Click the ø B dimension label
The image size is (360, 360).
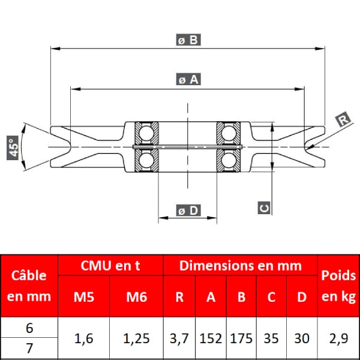[x=188, y=40]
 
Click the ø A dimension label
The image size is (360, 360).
[x=188, y=79]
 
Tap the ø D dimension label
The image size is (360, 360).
[x=188, y=211]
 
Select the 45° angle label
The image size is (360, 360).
[x=13, y=148]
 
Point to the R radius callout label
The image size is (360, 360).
[x=343, y=119]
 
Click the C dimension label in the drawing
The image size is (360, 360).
[x=264, y=208]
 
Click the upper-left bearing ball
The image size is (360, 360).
[x=146, y=133]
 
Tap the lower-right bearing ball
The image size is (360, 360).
[x=229, y=160]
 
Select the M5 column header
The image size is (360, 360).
[x=84, y=296]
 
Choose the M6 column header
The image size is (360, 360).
[x=137, y=296]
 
